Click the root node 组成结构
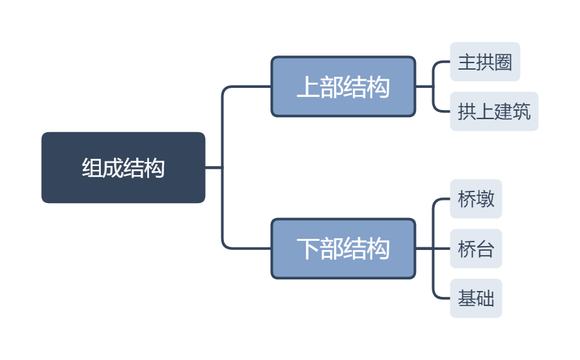pyautogui.click(x=123, y=167)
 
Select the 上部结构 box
pyautogui.click(x=343, y=87)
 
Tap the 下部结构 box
pyautogui.click(x=343, y=249)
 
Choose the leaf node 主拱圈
pyautogui.click(x=485, y=62)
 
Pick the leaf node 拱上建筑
pyautogui.click(x=494, y=111)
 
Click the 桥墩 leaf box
pyautogui.click(x=476, y=199)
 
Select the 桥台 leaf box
pyautogui.click(x=476, y=249)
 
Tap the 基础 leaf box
pyautogui.click(x=476, y=299)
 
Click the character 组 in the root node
pyautogui.click(x=92, y=168)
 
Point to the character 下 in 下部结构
pyautogui.click(x=308, y=249)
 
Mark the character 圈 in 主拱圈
pyautogui.click(x=503, y=62)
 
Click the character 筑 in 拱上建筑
pyautogui.click(x=521, y=111)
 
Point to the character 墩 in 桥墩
pyautogui.click(x=486, y=199)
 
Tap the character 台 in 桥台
pyautogui.click(x=486, y=249)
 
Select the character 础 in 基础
pyautogui.click(x=486, y=299)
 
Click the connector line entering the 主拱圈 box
pyautogui.click(x=443, y=62)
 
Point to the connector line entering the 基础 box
pyautogui.click(x=443, y=299)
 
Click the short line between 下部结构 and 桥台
pyautogui.click(x=432, y=249)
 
